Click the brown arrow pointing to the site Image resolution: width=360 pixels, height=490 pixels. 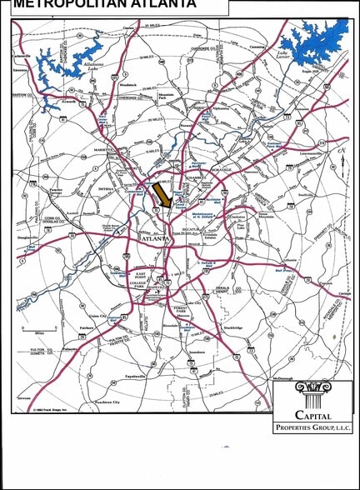click(162, 196)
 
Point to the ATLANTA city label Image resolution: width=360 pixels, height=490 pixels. click(156, 239)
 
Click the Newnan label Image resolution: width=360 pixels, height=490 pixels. click(24, 397)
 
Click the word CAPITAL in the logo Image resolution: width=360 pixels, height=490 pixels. click(312, 414)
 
